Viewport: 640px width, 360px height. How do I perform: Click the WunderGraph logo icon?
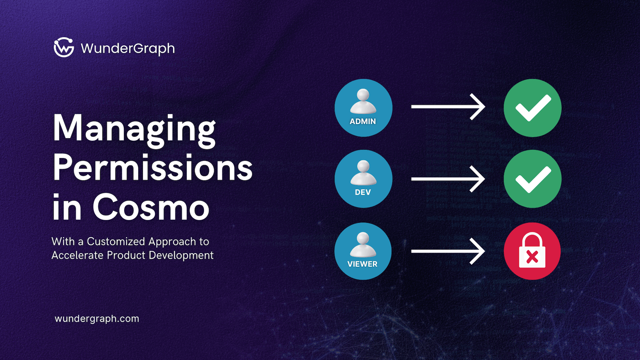64,47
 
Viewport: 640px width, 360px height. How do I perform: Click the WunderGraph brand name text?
128,49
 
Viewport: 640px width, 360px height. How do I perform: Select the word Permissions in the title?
152,168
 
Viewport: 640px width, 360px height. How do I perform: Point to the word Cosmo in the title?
151,207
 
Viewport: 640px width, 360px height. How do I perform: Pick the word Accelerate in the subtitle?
77,255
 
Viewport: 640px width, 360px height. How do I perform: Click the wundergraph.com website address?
97,319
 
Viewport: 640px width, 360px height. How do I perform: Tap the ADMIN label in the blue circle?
363,122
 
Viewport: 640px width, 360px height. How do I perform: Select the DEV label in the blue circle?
363,192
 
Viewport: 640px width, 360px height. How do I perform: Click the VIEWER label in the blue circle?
362,264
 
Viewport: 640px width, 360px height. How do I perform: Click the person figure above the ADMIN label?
363,101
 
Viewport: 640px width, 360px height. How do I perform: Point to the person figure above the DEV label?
363,173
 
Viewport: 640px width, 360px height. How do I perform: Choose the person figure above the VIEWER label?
363,244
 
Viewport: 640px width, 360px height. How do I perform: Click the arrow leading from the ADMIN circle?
448,107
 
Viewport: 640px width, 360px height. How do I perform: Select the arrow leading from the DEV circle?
448,179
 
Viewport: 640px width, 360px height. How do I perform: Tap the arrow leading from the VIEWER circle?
448,251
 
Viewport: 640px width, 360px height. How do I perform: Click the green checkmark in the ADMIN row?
533,108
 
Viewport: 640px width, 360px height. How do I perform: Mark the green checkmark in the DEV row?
533,179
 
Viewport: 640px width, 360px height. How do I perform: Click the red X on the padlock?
532,257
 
